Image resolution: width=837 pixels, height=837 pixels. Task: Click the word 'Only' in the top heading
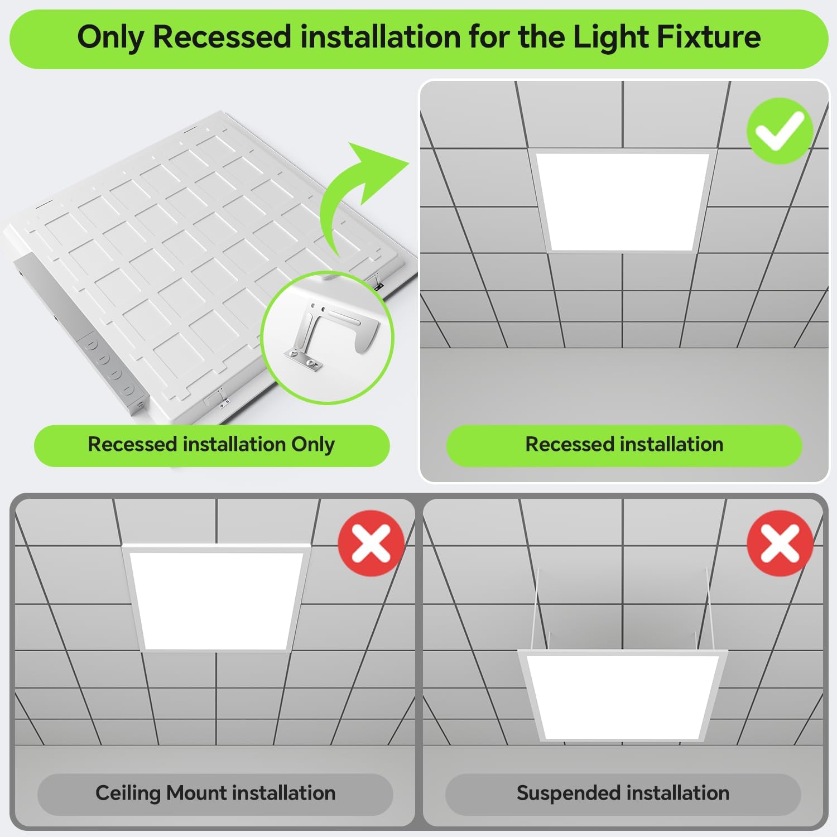[110, 37]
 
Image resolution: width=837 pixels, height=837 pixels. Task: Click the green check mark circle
[780, 131]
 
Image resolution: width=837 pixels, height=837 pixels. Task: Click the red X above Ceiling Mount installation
[371, 543]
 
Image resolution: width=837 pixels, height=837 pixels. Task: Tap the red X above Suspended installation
[780, 543]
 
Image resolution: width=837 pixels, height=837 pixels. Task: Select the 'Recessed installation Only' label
[211, 445]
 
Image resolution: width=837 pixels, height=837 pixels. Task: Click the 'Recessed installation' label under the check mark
[624, 445]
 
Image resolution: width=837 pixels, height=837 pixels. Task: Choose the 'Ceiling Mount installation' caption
[215, 793]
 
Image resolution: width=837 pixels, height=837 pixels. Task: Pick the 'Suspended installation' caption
[623, 793]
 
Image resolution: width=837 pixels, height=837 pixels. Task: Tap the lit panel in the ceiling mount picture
[215, 600]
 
